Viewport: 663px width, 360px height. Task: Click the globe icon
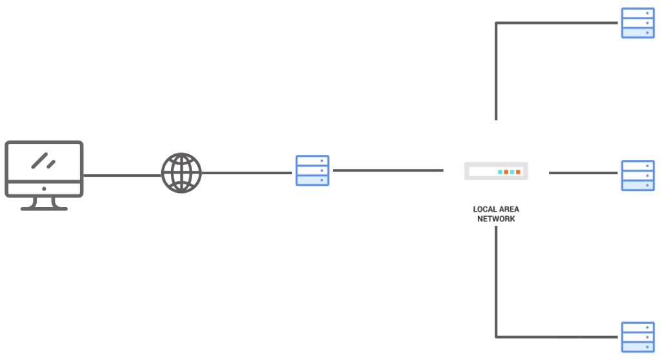(181, 172)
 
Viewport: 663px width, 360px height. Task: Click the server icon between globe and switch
(312, 170)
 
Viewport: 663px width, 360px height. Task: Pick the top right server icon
(637, 23)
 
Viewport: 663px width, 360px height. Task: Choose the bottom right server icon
(637, 337)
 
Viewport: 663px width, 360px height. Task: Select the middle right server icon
(637, 175)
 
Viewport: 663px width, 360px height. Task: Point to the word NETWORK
(496, 219)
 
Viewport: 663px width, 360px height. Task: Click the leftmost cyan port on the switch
(500, 172)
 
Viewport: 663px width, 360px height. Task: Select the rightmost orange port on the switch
(518, 172)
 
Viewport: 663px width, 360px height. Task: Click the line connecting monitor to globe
(122, 175)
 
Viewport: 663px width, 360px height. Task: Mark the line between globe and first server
(246, 173)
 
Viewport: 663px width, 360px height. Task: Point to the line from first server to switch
(387, 170)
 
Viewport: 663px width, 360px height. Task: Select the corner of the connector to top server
(496, 23)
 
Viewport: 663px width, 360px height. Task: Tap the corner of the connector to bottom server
(496, 336)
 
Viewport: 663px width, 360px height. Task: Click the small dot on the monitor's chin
(44, 189)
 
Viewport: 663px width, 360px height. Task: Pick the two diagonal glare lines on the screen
(43, 160)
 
